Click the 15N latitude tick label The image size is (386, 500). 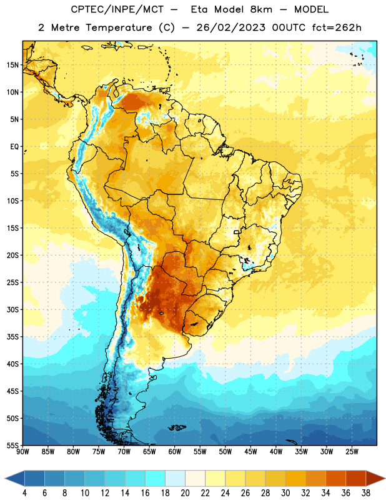[12, 65]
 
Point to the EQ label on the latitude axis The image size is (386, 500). [14, 147]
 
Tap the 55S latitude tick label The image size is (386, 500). [12, 445]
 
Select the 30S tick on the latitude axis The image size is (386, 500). [12, 309]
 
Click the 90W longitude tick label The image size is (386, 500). [22, 451]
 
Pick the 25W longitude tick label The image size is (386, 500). [352, 451]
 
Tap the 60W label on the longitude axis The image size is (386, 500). [175, 451]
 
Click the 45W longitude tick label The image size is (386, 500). [250, 451]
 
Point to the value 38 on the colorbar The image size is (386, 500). [366, 493]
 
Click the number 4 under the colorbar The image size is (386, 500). [24, 493]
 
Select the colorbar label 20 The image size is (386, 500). [185, 493]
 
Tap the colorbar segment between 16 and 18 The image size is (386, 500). [156, 478]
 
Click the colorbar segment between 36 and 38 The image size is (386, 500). [356, 478]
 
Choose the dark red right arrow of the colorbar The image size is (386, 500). [375, 478]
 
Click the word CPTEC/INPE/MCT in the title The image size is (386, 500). [117, 9]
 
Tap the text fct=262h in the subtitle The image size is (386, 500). [337, 27]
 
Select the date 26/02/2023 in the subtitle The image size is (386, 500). [230, 27]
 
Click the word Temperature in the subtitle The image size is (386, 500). [119, 27]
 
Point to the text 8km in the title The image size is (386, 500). [261, 9]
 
